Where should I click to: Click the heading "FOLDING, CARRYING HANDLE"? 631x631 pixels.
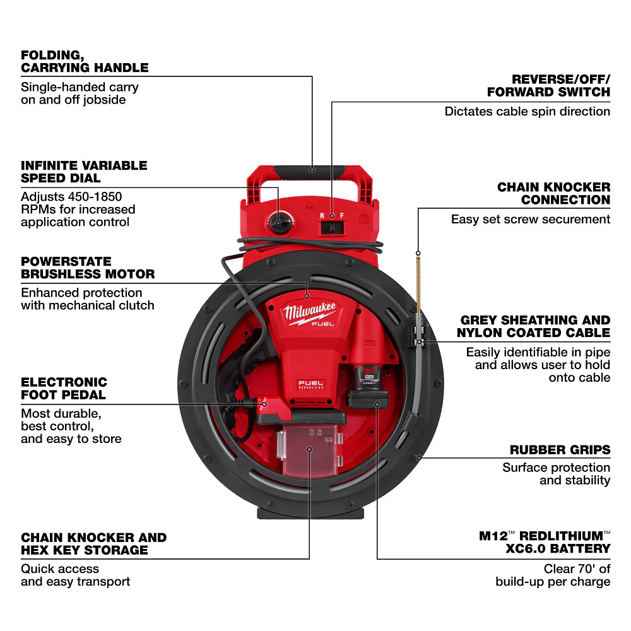tap(85, 61)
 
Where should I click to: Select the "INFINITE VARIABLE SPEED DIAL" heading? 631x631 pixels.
tap(84, 172)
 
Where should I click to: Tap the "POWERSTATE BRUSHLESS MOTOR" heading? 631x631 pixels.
tap(88, 268)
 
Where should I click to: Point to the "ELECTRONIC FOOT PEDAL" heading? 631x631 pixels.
tap(64, 389)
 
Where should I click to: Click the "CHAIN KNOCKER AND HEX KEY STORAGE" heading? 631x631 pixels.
tap(93, 544)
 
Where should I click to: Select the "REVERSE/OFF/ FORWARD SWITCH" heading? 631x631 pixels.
tap(548, 86)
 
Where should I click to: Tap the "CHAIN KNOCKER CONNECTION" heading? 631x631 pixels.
tap(553, 194)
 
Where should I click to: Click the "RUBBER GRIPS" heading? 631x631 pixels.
tap(560, 450)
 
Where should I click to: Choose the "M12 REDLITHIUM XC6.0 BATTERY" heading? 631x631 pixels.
tap(545, 542)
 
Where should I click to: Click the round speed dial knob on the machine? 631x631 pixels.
tap(277, 223)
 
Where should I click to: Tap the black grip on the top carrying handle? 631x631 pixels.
tap(311, 170)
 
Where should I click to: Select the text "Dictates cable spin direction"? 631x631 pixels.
tap(527, 112)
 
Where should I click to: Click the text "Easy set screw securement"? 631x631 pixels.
tap(530, 220)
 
